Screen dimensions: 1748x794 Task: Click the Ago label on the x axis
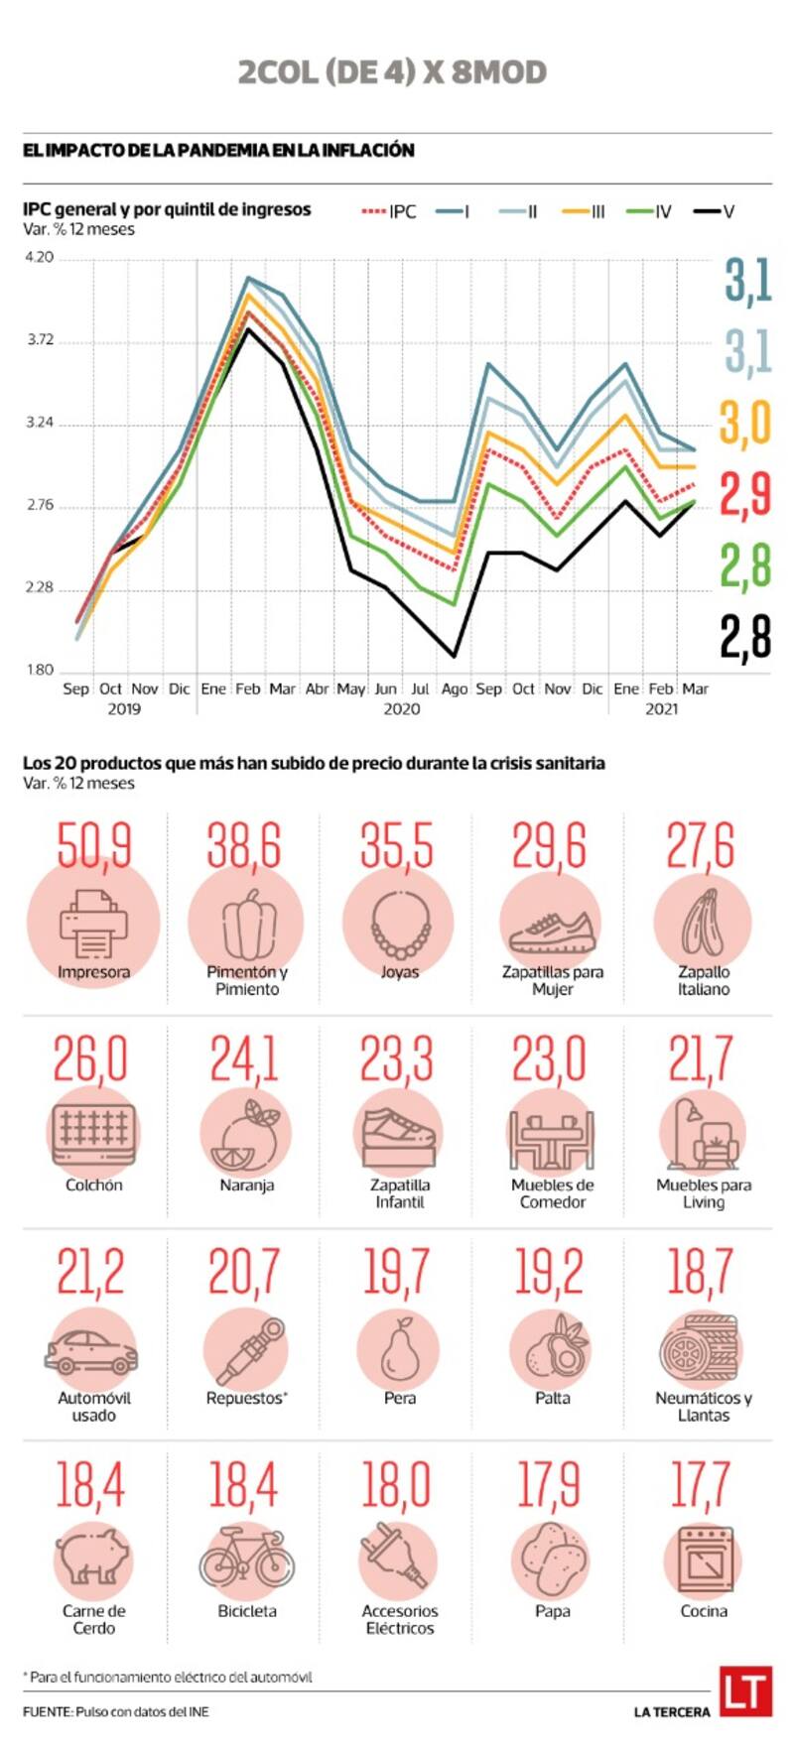[454, 688]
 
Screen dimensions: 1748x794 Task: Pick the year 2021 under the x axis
[662, 709]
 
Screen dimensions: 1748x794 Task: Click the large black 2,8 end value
[744, 637]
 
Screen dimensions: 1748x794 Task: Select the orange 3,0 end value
[744, 424]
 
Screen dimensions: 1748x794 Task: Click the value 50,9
[93, 845]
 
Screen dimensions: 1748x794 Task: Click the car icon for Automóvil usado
[91, 1350]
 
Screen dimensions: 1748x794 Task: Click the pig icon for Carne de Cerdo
[93, 1560]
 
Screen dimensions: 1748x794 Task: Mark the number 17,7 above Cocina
[702, 1485]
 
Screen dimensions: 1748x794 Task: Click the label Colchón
[93, 1186]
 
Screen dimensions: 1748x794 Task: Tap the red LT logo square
[746, 1690]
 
